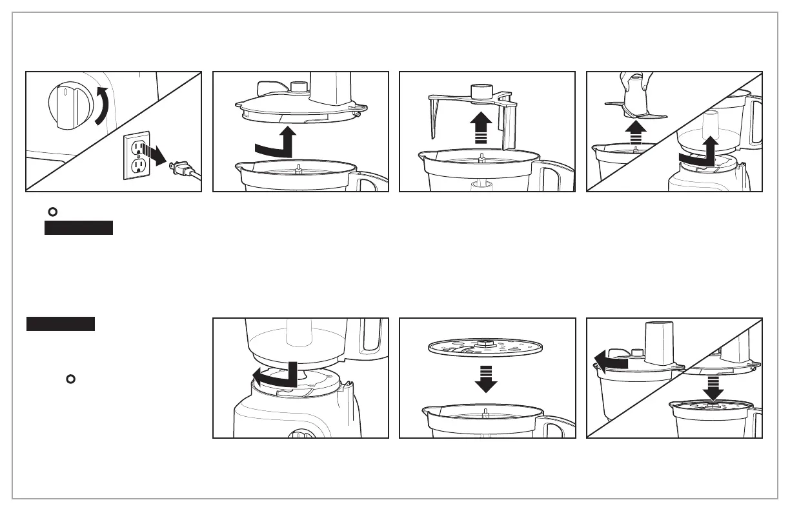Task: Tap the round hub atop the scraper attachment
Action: tap(481, 92)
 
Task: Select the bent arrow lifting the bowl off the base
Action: tap(699, 152)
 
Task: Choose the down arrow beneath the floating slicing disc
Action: tap(486, 378)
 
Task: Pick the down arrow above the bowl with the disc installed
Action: tap(713, 388)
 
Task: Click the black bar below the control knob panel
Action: tap(79, 228)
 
